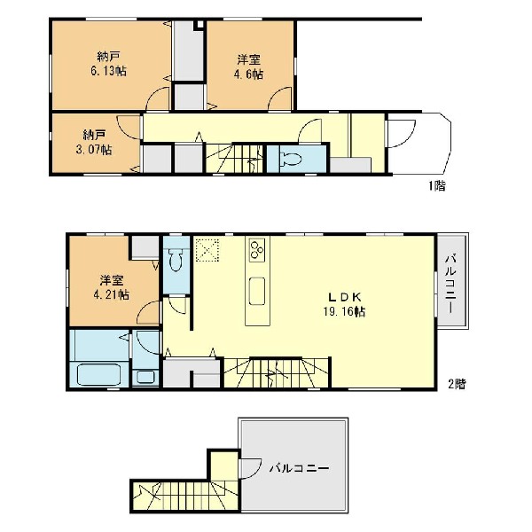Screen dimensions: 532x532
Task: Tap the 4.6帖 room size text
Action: [248, 74]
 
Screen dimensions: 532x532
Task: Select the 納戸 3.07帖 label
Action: [94, 143]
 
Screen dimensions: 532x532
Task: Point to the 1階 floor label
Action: [437, 185]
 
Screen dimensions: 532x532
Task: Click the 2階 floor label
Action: [457, 384]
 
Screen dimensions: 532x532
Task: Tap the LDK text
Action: [344, 297]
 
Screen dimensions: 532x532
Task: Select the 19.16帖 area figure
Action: [344, 311]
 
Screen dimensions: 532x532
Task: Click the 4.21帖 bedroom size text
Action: [112, 294]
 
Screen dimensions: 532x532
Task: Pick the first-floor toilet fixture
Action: [291, 159]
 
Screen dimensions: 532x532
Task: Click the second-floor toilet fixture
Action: [176, 260]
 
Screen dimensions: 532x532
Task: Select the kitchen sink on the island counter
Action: [257, 291]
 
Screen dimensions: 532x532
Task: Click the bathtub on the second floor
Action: [98, 374]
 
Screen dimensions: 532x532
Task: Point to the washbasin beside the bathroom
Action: [146, 378]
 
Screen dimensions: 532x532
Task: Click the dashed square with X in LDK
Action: [207, 250]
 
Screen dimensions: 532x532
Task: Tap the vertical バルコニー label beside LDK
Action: [451, 284]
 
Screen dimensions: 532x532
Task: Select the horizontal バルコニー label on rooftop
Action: [300, 469]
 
